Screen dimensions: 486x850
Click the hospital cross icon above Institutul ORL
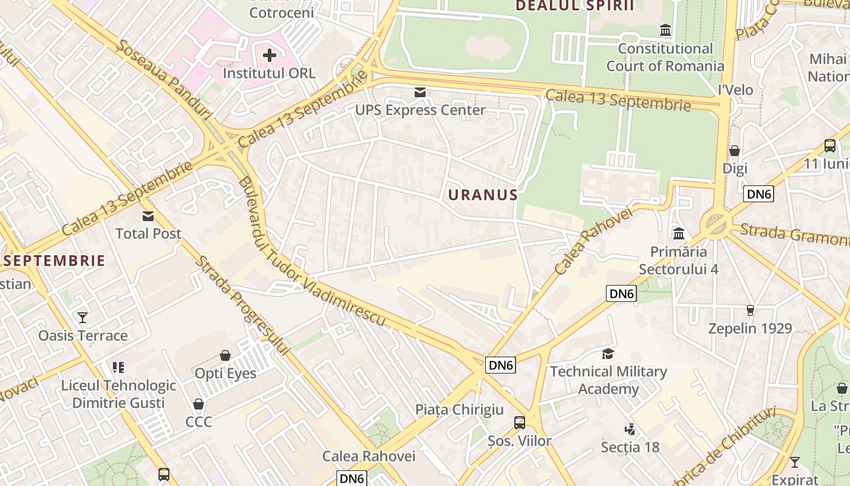(x=269, y=55)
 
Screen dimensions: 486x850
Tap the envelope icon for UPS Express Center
(x=420, y=92)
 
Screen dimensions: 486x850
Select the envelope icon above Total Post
(x=148, y=216)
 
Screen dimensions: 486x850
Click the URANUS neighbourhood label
(x=483, y=195)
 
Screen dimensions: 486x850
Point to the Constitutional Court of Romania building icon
(x=665, y=30)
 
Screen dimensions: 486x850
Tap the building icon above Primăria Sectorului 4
(x=678, y=234)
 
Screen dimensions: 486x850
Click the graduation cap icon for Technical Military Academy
(x=608, y=354)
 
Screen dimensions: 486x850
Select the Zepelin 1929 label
(x=750, y=329)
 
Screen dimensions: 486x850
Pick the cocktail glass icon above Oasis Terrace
(x=83, y=318)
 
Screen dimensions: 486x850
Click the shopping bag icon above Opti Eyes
(x=225, y=355)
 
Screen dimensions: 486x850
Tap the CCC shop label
(x=199, y=422)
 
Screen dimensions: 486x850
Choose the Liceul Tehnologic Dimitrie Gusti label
(x=118, y=394)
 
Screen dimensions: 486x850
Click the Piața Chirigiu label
(x=460, y=409)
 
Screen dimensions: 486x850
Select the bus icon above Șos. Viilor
(x=520, y=423)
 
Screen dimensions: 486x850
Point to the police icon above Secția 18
(x=630, y=430)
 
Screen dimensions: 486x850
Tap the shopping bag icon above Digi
(x=735, y=151)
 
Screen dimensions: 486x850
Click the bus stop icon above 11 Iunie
(x=830, y=146)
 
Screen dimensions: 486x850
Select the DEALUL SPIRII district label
(x=574, y=6)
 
